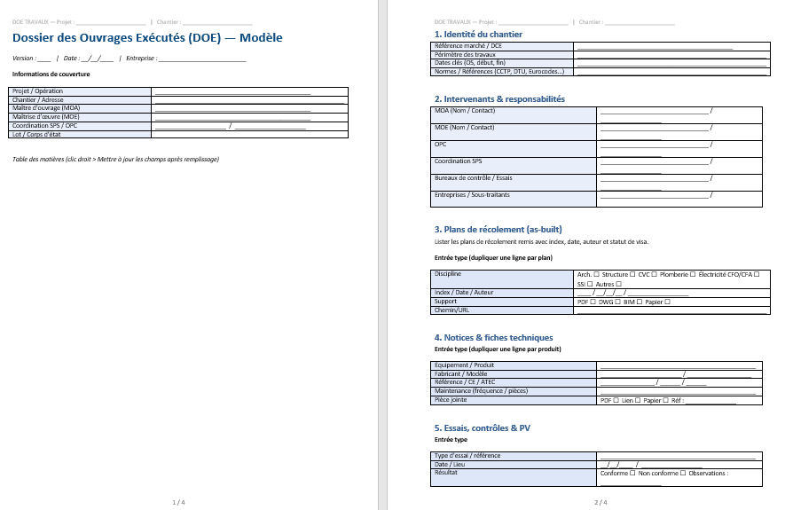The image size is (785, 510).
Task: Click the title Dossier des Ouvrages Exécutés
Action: pos(146,37)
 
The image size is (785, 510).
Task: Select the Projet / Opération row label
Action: pos(37,91)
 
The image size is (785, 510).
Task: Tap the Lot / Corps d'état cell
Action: pos(36,134)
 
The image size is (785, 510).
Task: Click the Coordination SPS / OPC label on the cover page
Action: pos(44,126)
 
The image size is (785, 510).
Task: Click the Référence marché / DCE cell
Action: pos(469,45)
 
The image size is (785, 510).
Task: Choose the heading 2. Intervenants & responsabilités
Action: pos(499,99)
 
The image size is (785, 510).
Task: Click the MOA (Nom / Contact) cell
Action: pos(464,111)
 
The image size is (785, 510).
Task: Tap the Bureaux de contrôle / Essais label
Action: pos(473,178)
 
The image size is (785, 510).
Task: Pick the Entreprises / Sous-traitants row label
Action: pos(473,195)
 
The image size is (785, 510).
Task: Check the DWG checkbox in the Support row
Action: pos(619,302)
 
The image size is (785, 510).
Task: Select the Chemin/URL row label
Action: pos(452,310)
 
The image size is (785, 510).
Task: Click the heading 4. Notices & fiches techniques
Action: pos(493,338)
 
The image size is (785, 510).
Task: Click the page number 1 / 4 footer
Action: pos(178,502)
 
